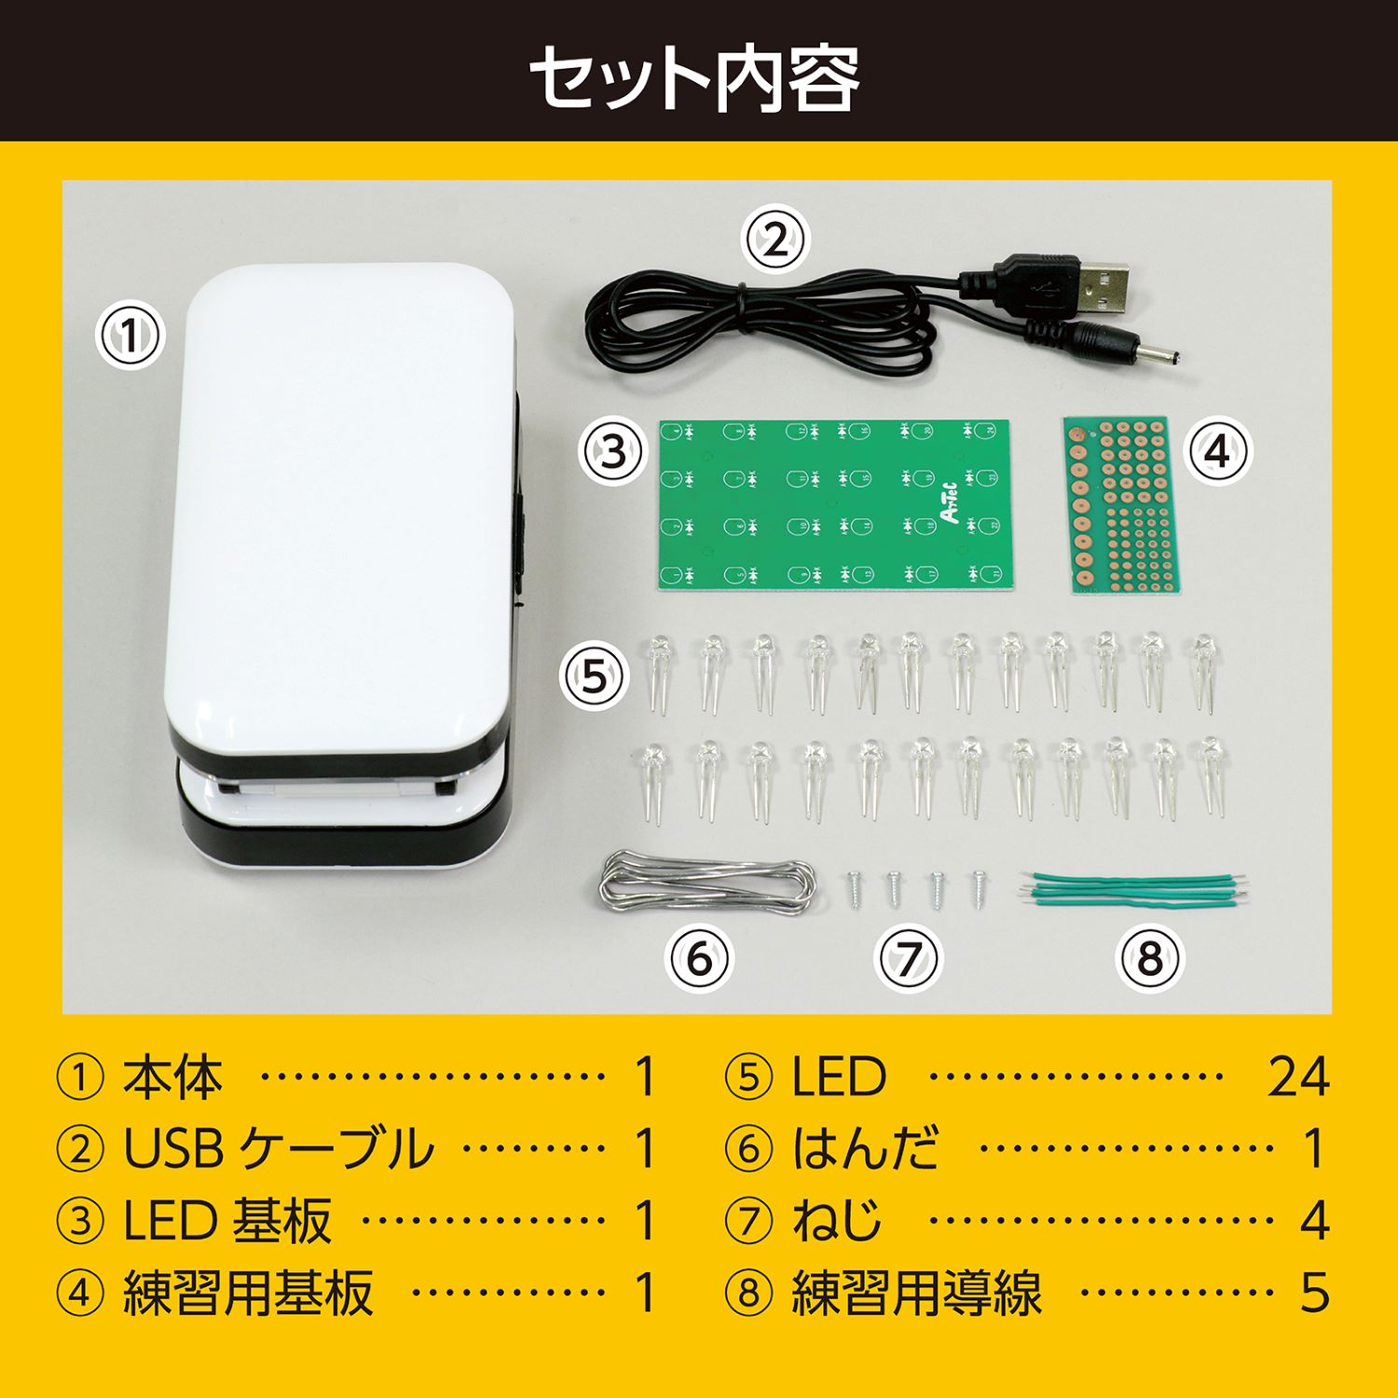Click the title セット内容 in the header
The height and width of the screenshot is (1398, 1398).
coord(694,78)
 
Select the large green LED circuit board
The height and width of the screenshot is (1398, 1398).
coord(835,504)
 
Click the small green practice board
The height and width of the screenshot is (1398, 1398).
coord(1122,504)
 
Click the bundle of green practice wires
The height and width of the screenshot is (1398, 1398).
coord(1133,889)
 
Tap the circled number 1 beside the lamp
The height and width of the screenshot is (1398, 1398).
coord(130,336)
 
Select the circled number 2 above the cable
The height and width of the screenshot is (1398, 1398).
coord(775,240)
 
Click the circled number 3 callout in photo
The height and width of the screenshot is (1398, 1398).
coord(612,452)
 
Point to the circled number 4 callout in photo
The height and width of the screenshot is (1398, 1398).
coord(1217,452)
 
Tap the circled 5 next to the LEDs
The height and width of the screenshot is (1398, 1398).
coord(594,676)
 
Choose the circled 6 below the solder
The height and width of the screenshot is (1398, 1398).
coord(699,958)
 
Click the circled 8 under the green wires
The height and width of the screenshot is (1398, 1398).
coord(1150,958)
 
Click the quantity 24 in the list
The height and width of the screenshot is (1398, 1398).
coord(1297,1077)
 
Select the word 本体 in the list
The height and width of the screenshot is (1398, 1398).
coord(173,1077)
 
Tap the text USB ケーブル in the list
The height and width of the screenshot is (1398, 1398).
coord(279,1148)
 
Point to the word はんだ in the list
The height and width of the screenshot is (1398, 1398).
coord(865,1148)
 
